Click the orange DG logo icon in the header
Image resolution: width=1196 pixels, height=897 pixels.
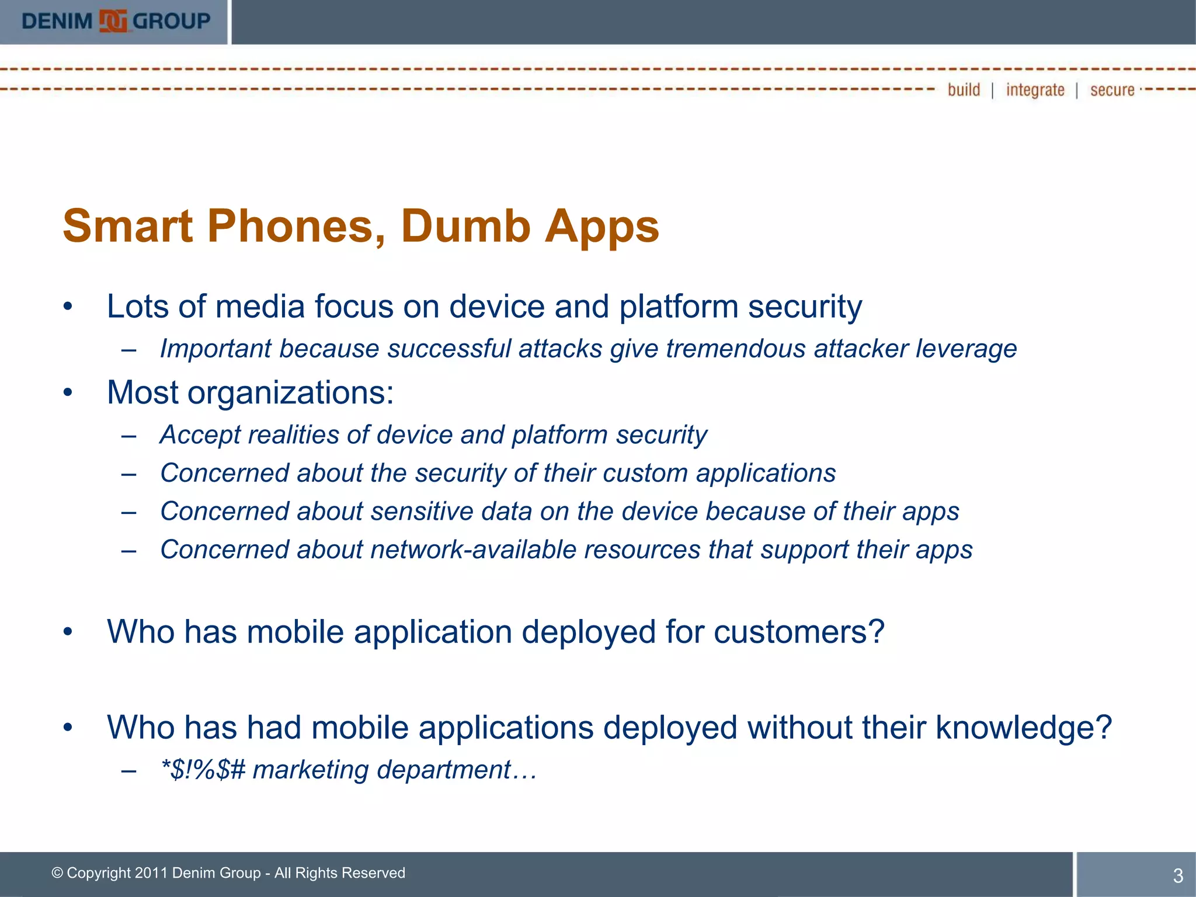click(x=113, y=22)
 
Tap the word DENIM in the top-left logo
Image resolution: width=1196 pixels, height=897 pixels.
click(x=57, y=22)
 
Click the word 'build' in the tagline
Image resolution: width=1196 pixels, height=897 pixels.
click(x=964, y=90)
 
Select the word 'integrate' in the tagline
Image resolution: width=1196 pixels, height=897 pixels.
click(x=1035, y=90)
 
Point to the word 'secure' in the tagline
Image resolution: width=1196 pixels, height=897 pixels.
click(x=1112, y=90)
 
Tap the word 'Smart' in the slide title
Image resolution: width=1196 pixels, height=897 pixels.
click(x=127, y=226)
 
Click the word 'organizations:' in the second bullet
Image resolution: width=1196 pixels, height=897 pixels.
click(x=290, y=392)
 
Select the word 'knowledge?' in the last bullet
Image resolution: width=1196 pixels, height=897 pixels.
click(x=1024, y=728)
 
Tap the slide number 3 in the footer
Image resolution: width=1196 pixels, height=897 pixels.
click(x=1178, y=875)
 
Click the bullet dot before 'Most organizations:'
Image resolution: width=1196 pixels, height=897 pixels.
click(x=68, y=392)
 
